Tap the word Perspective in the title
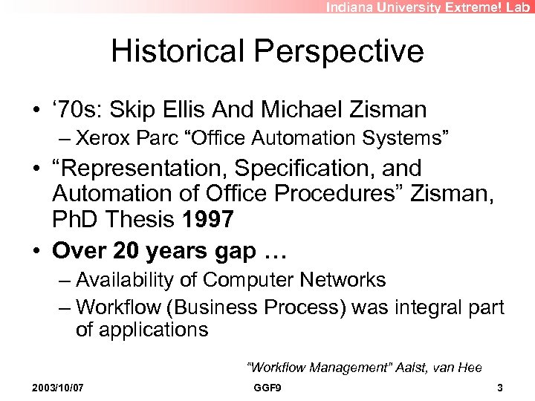341,52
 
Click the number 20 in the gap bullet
123,251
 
